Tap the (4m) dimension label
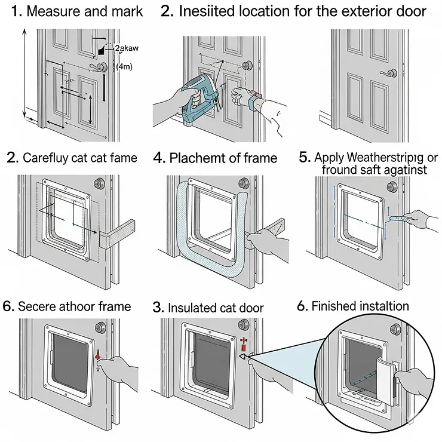[124, 66]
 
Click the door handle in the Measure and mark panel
[101, 67]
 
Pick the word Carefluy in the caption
[46, 158]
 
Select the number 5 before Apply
[303, 157]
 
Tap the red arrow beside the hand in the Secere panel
[98, 357]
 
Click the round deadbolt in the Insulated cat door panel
[243, 324]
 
